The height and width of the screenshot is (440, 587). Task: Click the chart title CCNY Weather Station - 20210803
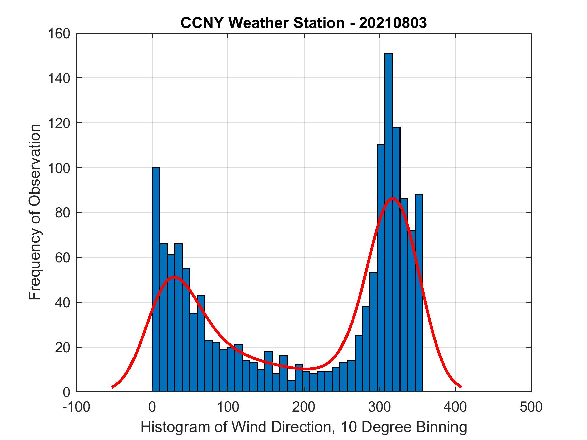tap(304, 23)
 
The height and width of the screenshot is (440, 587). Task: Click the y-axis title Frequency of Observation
tap(35, 213)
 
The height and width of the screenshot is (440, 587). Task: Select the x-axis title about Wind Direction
tap(304, 427)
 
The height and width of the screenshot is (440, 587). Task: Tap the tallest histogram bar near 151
tap(388, 221)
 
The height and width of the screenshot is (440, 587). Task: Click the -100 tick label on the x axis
tap(76, 407)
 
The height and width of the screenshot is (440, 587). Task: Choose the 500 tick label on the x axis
tap(531, 407)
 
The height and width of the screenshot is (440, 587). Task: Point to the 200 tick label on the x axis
tap(304, 407)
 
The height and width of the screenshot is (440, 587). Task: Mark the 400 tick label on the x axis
tap(455, 407)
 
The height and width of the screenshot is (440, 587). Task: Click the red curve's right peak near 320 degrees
tap(392, 198)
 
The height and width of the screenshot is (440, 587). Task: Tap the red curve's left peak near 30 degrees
tap(174, 277)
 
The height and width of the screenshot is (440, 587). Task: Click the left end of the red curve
tap(113, 387)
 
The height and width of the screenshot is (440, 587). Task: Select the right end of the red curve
tap(461, 387)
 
